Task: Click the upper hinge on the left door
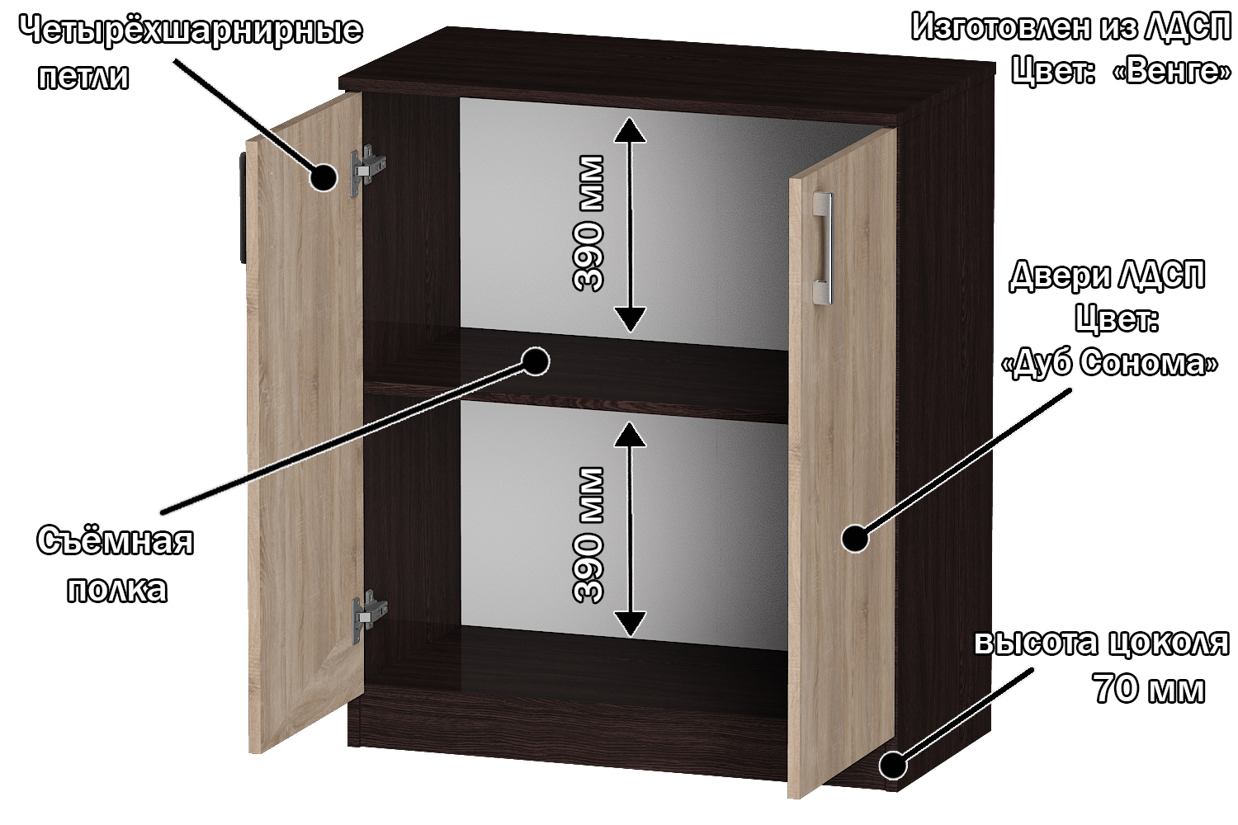coord(368,170)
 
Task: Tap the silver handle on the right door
coord(822,248)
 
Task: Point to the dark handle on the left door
coord(243,208)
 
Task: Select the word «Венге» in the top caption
coord(1172,71)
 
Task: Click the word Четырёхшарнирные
coord(191,31)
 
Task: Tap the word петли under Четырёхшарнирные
coord(84,77)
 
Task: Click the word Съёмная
coord(116,541)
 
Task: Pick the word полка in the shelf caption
coord(117,589)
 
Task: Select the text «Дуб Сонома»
coord(1109,362)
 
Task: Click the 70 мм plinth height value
coord(1149,688)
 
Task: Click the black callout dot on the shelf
coord(536,361)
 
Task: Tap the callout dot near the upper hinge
coord(323,177)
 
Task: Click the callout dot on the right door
coord(855,538)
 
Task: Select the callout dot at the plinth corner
coord(892,765)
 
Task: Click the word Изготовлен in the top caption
coord(1001,27)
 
